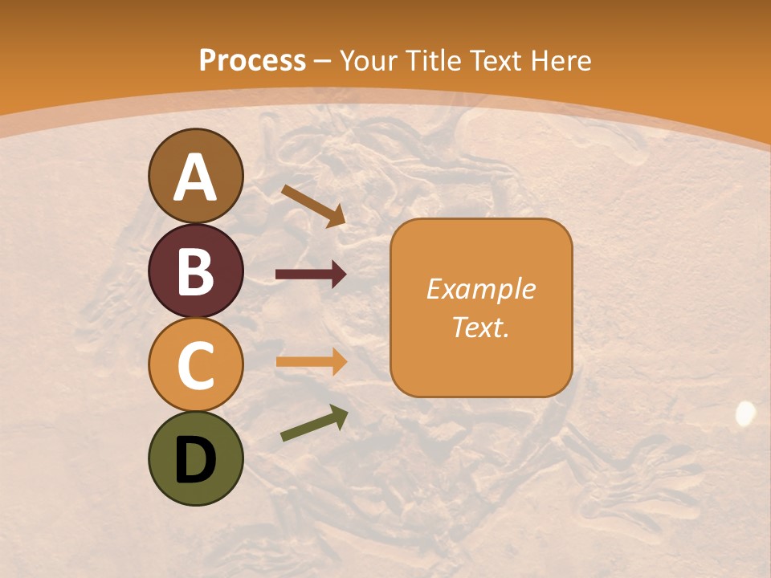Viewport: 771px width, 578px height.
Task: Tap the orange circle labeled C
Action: pyautogui.click(x=195, y=364)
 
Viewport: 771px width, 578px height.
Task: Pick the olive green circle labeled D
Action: pyautogui.click(x=195, y=458)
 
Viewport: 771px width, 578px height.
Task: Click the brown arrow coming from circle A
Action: pyautogui.click(x=313, y=206)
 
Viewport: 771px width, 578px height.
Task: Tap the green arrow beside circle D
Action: pyautogui.click(x=314, y=423)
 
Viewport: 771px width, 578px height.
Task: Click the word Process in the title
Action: pyautogui.click(x=252, y=60)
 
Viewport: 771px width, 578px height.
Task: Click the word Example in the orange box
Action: pyautogui.click(x=481, y=289)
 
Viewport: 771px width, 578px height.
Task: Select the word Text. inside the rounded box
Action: pyautogui.click(x=481, y=327)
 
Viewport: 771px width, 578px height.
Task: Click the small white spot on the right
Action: pyautogui.click(x=745, y=413)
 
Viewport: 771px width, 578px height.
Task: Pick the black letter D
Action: pyautogui.click(x=195, y=460)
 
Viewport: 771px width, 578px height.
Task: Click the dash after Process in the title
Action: pyautogui.click(x=322, y=62)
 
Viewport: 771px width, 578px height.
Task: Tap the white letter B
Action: pyautogui.click(x=195, y=272)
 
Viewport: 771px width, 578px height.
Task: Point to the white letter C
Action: pyautogui.click(x=195, y=366)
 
